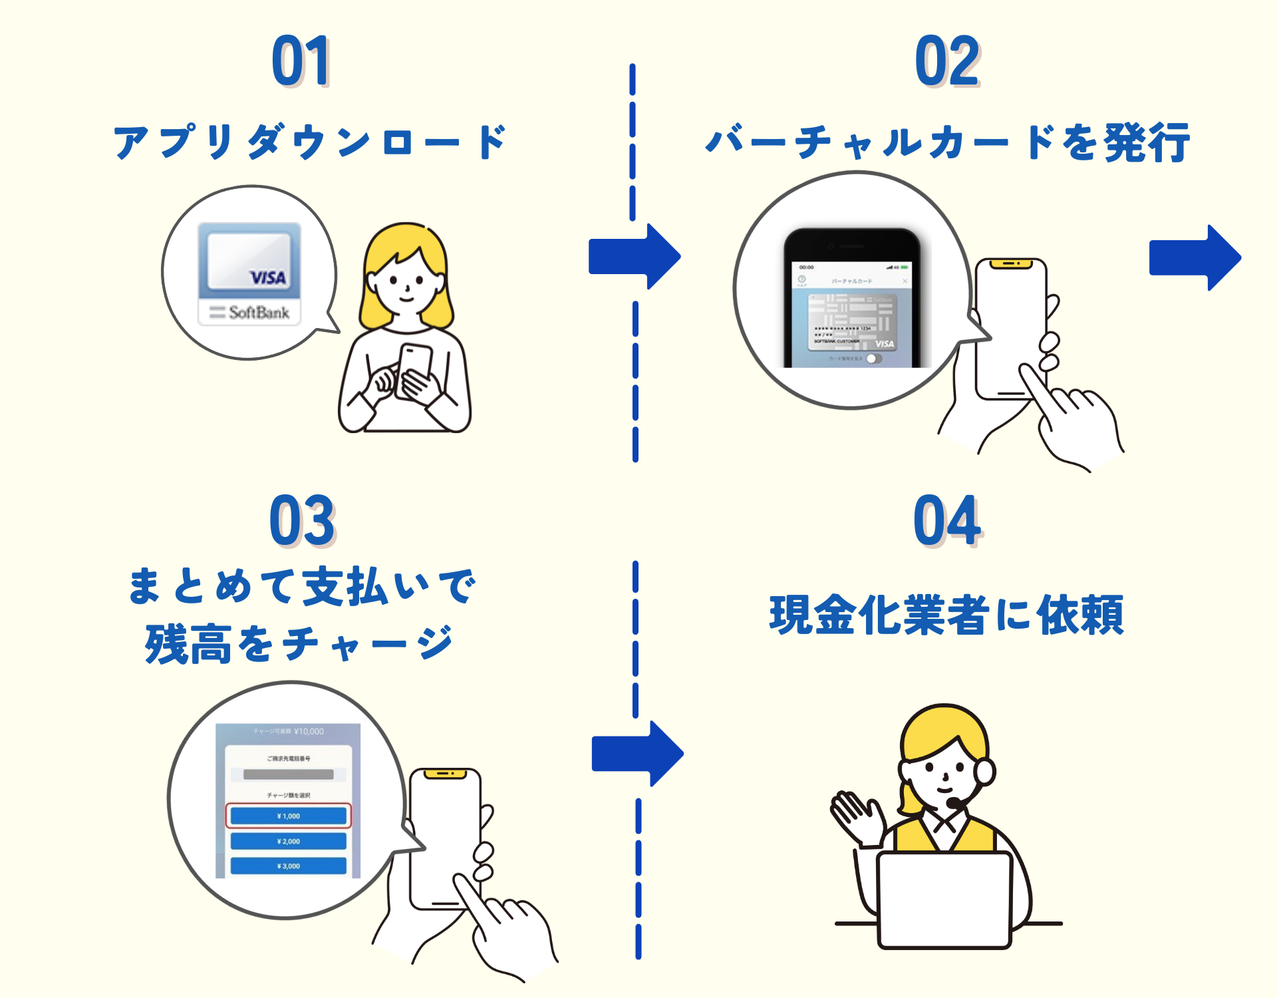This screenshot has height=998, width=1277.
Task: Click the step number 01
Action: pyautogui.click(x=301, y=61)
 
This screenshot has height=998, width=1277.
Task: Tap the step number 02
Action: pyautogui.click(x=947, y=61)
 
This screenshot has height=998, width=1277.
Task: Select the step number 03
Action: pyautogui.click(x=302, y=520)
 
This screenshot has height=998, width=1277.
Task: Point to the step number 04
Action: pyautogui.click(x=947, y=520)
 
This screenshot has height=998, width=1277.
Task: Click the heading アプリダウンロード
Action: pyautogui.click(x=310, y=142)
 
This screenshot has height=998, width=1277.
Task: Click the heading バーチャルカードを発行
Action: pyautogui.click(x=947, y=142)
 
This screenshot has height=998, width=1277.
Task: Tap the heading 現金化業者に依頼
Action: pyautogui.click(x=946, y=615)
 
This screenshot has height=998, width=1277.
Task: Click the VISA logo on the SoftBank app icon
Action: pyautogui.click(x=267, y=277)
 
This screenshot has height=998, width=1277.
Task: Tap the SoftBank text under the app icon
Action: pyautogui.click(x=258, y=312)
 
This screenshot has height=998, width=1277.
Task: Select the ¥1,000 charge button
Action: pyautogui.click(x=288, y=816)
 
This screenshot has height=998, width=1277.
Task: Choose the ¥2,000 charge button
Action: pyautogui.click(x=288, y=841)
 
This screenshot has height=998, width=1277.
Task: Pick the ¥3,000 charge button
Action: pyautogui.click(x=288, y=866)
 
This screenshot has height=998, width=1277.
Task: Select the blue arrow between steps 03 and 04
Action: pyautogui.click(x=637, y=754)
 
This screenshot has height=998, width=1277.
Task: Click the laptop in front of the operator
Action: pyautogui.click(x=944, y=898)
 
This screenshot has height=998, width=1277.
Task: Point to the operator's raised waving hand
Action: pyautogui.click(x=853, y=813)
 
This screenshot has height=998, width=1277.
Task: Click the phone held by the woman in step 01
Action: pyautogui.click(x=414, y=369)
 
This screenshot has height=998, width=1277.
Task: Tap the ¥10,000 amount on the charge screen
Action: pyautogui.click(x=309, y=731)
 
